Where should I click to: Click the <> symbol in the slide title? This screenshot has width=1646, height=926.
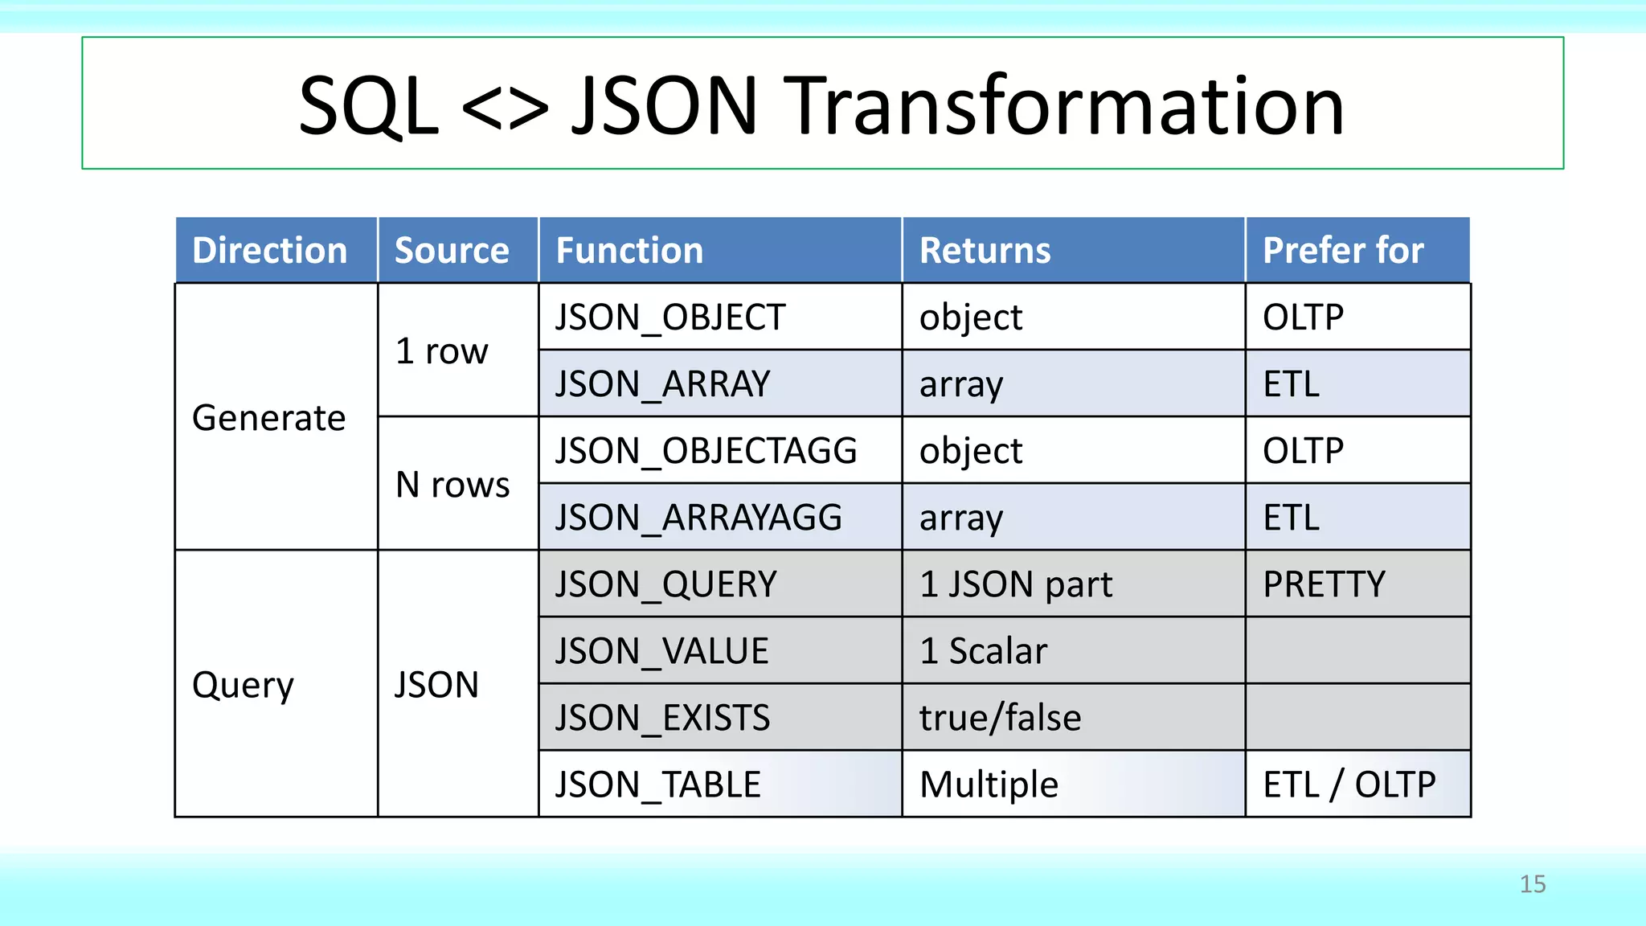[x=505, y=108]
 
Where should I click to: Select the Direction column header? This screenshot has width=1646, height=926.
[x=270, y=251]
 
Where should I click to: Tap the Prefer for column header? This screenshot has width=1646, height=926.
[x=1343, y=251]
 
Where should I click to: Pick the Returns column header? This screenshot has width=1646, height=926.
[x=985, y=251]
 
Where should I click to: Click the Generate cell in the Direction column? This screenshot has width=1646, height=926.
[x=269, y=418]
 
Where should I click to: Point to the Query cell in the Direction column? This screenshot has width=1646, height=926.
[x=244, y=685]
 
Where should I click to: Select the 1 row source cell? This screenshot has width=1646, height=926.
[x=442, y=351]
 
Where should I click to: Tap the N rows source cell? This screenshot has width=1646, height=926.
[x=452, y=485]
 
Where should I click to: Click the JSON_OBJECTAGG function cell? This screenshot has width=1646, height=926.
[x=706, y=451]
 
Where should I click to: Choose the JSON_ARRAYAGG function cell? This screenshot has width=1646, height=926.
[x=698, y=518]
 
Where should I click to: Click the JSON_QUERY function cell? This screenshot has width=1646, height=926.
[x=665, y=584]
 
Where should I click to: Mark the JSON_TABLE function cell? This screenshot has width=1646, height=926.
[x=657, y=785]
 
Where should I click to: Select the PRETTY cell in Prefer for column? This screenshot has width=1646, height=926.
[x=1324, y=584]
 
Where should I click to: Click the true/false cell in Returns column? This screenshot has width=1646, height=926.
[x=1000, y=718]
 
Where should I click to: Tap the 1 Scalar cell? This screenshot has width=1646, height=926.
[x=983, y=651]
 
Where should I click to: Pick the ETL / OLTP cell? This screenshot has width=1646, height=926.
[x=1349, y=785]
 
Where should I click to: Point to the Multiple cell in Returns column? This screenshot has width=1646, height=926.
[x=989, y=785]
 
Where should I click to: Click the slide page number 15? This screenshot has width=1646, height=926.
[x=1532, y=884]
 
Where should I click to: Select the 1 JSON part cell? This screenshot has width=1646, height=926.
[x=1016, y=584]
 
